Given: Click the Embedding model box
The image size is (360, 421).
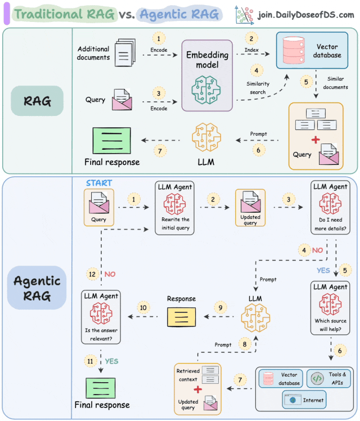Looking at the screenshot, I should click(x=206, y=75).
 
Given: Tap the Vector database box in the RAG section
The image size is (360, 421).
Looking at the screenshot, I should click(x=312, y=51).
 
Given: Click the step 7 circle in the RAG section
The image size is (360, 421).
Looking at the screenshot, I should click(x=160, y=151).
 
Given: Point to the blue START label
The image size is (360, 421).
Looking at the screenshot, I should click(x=100, y=183).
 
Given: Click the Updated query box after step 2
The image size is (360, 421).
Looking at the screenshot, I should click(x=250, y=207).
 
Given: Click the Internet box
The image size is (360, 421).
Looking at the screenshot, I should click(x=304, y=400).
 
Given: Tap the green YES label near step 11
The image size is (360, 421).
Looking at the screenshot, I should click(x=111, y=361).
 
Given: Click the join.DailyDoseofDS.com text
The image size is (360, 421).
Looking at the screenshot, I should click(x=305, y=14).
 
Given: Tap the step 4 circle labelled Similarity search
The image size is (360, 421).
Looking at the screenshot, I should click(x=256, y=71).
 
